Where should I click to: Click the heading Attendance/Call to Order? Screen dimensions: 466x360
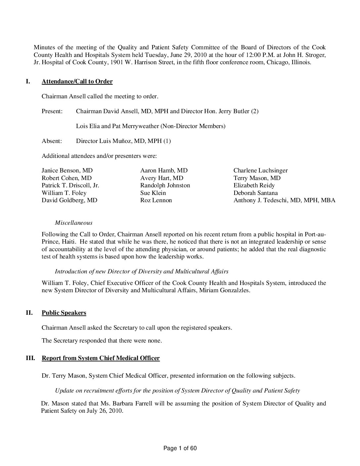click(x=77, y=82)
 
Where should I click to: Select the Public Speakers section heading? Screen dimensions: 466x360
click(x=64, y=313)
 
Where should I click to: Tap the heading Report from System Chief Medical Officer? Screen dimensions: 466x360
click(x=101, y=358)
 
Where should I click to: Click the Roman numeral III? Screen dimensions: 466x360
click(x=30, y=358)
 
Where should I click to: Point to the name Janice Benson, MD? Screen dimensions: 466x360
click(x=67, y=171)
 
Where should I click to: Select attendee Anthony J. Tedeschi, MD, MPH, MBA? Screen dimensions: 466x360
click(x=284, y=200)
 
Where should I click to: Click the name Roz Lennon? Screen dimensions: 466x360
click(x=156, y=200)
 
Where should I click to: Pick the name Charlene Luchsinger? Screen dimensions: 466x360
click(x=260, y=171)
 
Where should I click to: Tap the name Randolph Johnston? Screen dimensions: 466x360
click(x=165, y=185)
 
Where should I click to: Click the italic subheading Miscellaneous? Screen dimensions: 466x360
click(x=73, y=223)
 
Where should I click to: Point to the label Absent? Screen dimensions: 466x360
click(x=52, y=141)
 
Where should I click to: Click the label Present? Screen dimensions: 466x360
click(x=52, y=111)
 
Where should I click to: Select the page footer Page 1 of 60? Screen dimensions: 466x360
click(x=180, y=448)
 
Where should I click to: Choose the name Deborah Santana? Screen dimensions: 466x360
click(x=255, y=193)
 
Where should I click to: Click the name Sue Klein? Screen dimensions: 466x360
click(x=153, y=193)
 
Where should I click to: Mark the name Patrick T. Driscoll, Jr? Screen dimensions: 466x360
click(x=70, y=185)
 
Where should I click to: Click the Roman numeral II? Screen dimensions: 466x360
click(x=29, y=313)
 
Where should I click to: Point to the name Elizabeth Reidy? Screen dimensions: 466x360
click(x=254, y=185)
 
